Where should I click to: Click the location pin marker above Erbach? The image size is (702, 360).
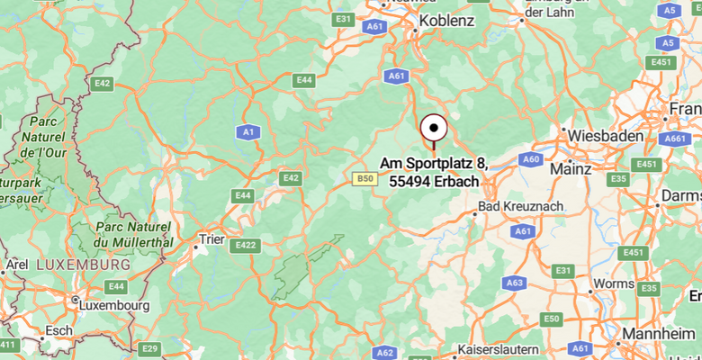tap(435, 130)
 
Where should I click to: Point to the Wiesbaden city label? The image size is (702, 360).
tap(606, 135)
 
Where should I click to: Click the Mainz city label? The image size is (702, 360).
tap(570, 168)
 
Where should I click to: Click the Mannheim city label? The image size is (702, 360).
tap(663, 333)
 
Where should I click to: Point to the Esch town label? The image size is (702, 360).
tap(59, 330)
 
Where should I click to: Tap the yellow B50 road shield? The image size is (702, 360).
tap(364, 179)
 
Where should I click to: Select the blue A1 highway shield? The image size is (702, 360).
tap(247, 132)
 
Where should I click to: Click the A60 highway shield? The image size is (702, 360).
tap(531, 159)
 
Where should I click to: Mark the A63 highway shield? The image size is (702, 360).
tap(514, 283)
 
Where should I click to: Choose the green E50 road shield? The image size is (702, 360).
tap(551, 319)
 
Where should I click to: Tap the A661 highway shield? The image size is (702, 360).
tap(674, 139)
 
